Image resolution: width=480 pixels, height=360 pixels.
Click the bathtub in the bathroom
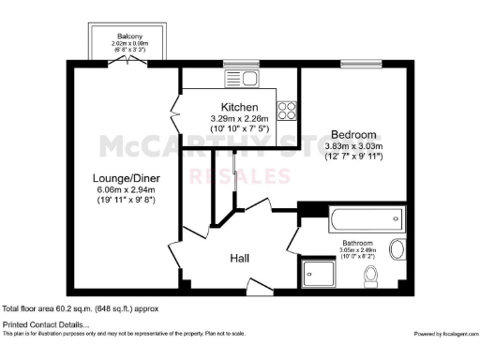pos(367,220)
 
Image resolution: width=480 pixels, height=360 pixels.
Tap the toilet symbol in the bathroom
pos(372,276)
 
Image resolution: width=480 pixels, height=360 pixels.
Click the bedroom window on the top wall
pos(352,63)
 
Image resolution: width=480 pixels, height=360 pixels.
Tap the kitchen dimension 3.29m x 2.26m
pos(239,119)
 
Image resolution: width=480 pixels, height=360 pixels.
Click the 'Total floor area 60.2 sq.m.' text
pos(80,307)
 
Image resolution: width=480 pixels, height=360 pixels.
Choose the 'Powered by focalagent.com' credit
pos(444,334)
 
